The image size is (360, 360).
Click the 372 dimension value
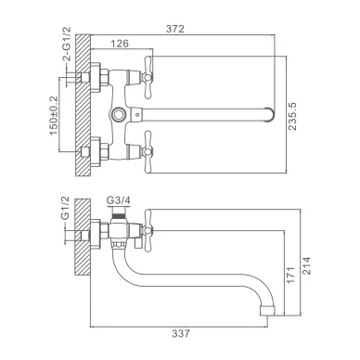[x=175, y=29]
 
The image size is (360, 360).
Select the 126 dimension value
[x=120, y=44]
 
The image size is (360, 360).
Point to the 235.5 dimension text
[x=292, y=116]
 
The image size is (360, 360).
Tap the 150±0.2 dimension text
[x=54, y=115]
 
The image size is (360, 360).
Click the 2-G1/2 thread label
[x=67, y=44]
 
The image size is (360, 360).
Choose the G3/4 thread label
[x=119, y=200]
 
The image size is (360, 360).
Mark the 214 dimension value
[x=306, y=265]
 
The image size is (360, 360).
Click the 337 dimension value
[x=181, y=334]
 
